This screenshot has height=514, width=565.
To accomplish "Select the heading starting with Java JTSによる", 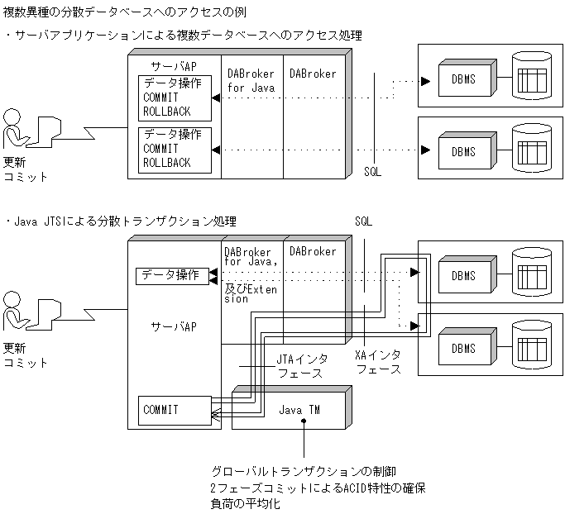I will [x=124, y=221].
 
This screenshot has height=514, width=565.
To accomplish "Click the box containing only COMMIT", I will [x=173, y=409].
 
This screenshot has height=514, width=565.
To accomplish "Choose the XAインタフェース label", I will [x=377, y=361].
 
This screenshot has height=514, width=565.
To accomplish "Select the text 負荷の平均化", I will [x=246, y=503].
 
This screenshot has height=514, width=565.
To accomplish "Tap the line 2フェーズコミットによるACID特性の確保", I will [x=318, y=488].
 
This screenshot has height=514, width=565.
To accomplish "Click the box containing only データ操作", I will [x=173, y=275].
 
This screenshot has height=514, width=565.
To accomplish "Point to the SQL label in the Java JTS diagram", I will [x=363, y=223].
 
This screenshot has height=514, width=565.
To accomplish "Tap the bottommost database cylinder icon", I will [x=531, y=345].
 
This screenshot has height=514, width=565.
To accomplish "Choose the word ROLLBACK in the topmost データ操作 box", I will [x=166, y=111].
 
